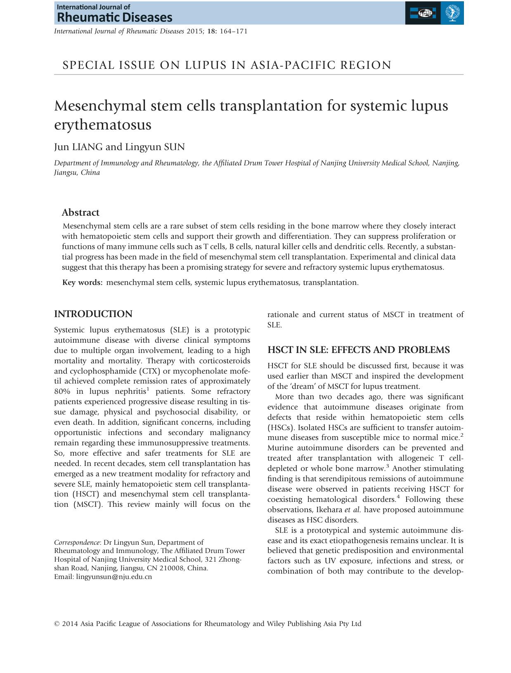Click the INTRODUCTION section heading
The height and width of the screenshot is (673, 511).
point(93,314)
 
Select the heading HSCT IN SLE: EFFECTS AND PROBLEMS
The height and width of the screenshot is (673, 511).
point(358,350)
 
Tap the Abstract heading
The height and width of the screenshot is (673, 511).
point(80,213)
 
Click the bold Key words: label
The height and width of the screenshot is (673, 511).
point(83,282)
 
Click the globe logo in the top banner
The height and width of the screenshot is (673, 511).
point(423,13)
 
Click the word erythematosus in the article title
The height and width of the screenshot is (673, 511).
point(103,125)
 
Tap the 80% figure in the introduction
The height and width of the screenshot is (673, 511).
point(62,391)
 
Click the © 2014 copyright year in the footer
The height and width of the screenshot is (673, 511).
point(66,624)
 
